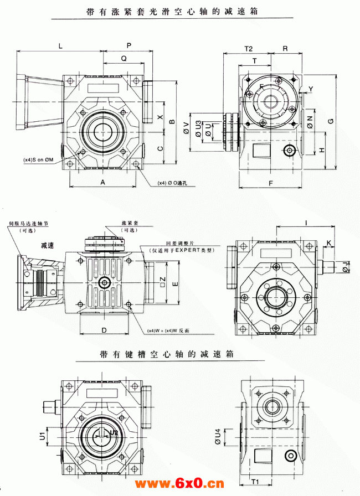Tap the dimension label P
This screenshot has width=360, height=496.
coord(129,45)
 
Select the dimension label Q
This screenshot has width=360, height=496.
coord(124,58)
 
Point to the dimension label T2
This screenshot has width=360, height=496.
coord(248,49)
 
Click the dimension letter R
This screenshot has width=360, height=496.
coord(285,49)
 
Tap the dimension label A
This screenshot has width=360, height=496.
coord(102,182)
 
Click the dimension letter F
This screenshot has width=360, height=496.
coord(271,182)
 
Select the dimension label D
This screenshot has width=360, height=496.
coord(104,330)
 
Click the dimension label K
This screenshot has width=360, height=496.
coord(328,242)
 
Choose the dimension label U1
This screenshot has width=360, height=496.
coord(42,436)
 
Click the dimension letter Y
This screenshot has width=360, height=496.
coord(311,89)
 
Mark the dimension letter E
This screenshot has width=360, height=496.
coord(175,283)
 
